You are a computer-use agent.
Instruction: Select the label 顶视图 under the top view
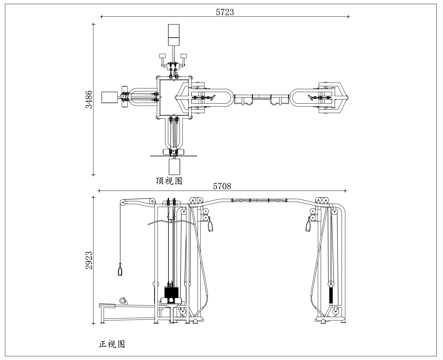pos(169,181)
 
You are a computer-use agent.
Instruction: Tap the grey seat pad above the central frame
pos(172,31)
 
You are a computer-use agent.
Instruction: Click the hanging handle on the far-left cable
pos(118,270)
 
